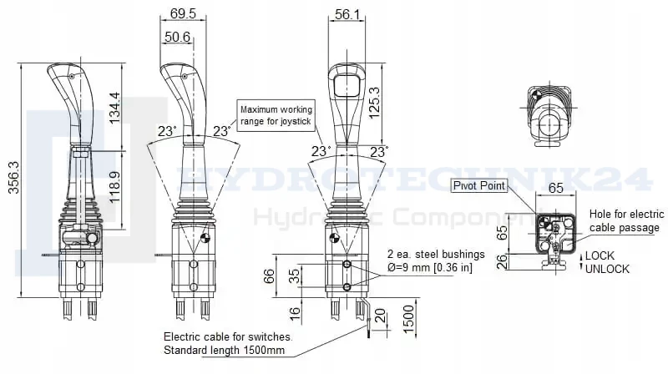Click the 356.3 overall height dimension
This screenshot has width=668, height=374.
coord(13,177)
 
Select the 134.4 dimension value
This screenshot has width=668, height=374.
coord(114,109)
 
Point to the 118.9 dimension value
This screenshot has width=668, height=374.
coord(114,188)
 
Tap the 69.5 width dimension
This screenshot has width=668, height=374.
coord(183,13)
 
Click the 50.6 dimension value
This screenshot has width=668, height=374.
coord(177,37)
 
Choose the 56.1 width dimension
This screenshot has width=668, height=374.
coord(347,14)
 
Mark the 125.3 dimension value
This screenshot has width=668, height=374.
coord(373,103)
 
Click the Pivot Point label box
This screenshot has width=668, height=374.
coord(479,185)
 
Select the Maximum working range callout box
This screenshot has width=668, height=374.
coord(276,115)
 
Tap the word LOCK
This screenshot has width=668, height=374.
coord(600,255)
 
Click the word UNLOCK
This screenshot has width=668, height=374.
coord(607,269)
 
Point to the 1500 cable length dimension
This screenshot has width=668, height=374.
coord(408,320)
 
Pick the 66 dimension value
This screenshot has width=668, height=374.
coord(269,277)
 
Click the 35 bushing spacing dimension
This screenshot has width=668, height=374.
coord(295,276)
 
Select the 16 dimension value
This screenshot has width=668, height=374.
coord(295,314)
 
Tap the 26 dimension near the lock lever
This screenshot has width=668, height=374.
coord(503,261)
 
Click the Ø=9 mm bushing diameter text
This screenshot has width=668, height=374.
coord(430,268)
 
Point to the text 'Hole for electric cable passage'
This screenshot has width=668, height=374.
coord(626,220)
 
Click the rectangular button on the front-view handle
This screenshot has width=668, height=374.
coord(347,85)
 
